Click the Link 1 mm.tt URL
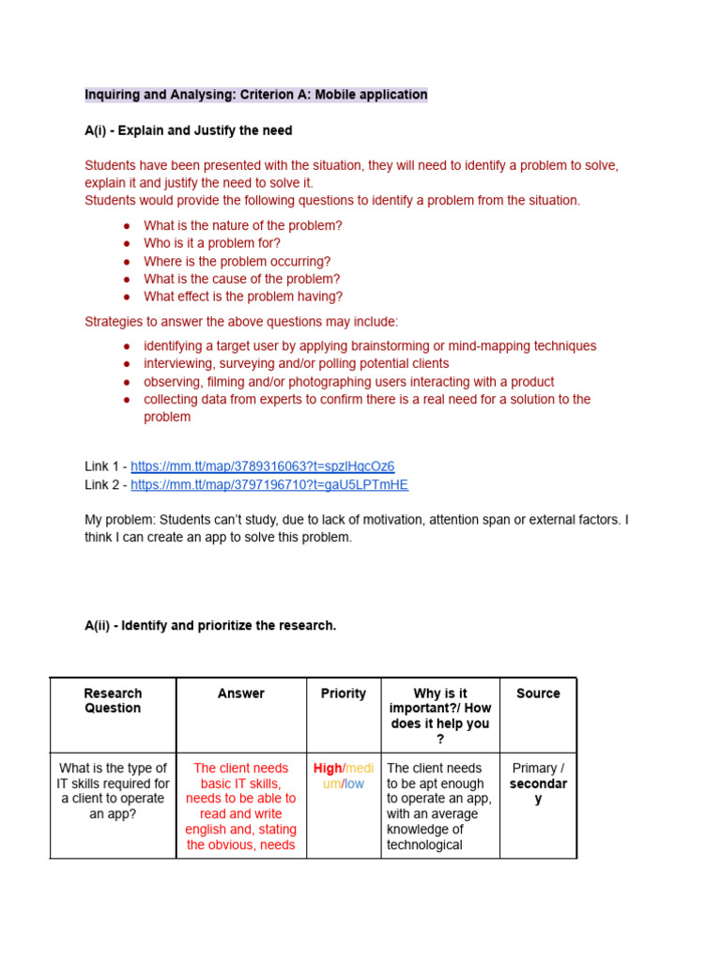point(262,466)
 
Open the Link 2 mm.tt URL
point(269,484)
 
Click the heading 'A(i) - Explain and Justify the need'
point(188,130)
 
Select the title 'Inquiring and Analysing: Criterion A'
point(255,95)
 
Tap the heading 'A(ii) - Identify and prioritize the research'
point(209,625)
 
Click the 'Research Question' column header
point(113,701)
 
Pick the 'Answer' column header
point(241,694)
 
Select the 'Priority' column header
point(344,694)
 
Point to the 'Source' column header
point(538,694)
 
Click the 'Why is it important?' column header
point(440,716)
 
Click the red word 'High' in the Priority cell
point(328,769)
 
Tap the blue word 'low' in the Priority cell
point(354,784)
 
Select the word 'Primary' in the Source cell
point(535,769)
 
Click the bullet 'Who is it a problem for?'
point(212,243)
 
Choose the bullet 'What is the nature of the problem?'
point(242,225)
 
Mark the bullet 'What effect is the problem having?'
point(243,297)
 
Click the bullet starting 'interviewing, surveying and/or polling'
point(296,363)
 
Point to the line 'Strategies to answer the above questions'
point(241,322)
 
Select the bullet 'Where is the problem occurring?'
point(237,261)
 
